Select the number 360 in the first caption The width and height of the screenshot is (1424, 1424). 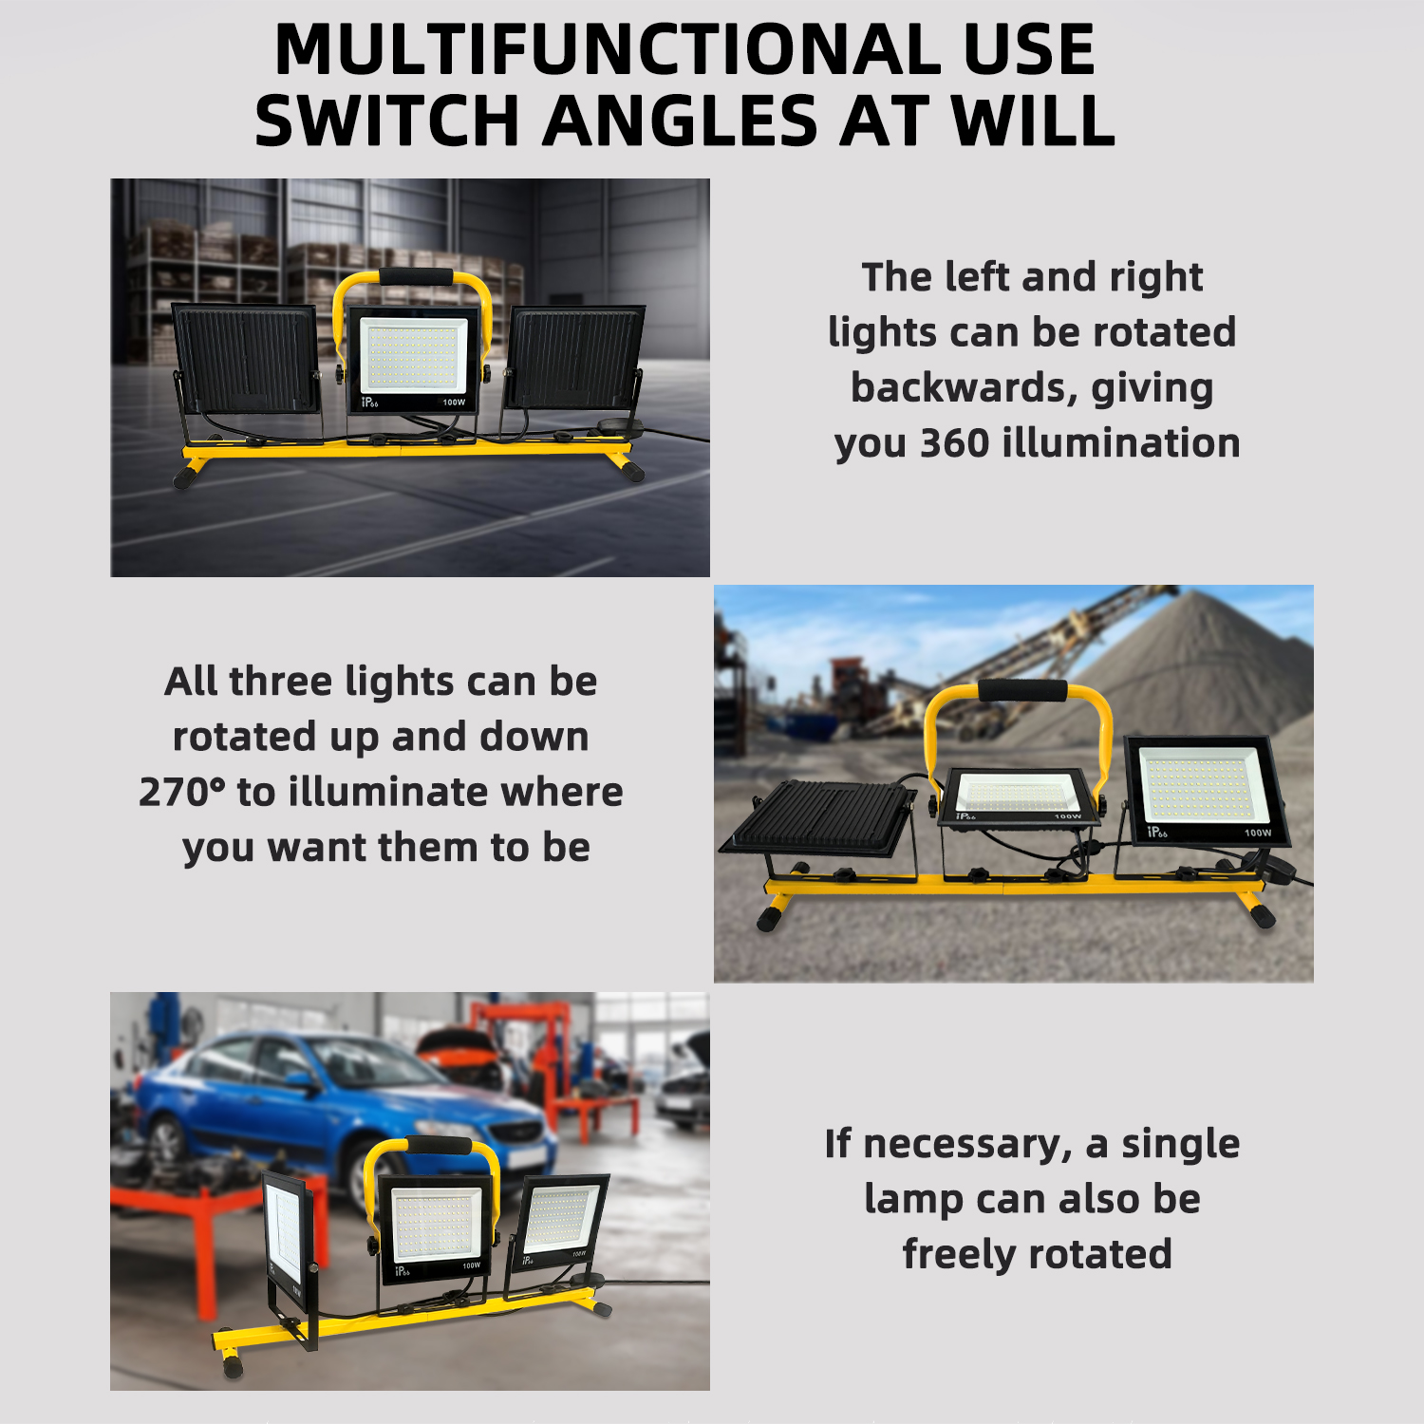click(954, 442)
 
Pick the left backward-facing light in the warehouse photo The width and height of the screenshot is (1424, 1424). click(247, 359)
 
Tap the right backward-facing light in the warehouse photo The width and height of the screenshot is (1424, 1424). click(575, 357)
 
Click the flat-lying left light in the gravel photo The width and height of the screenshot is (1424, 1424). click(818, 817)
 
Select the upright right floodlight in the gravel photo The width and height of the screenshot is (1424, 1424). click(1206, 791)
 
